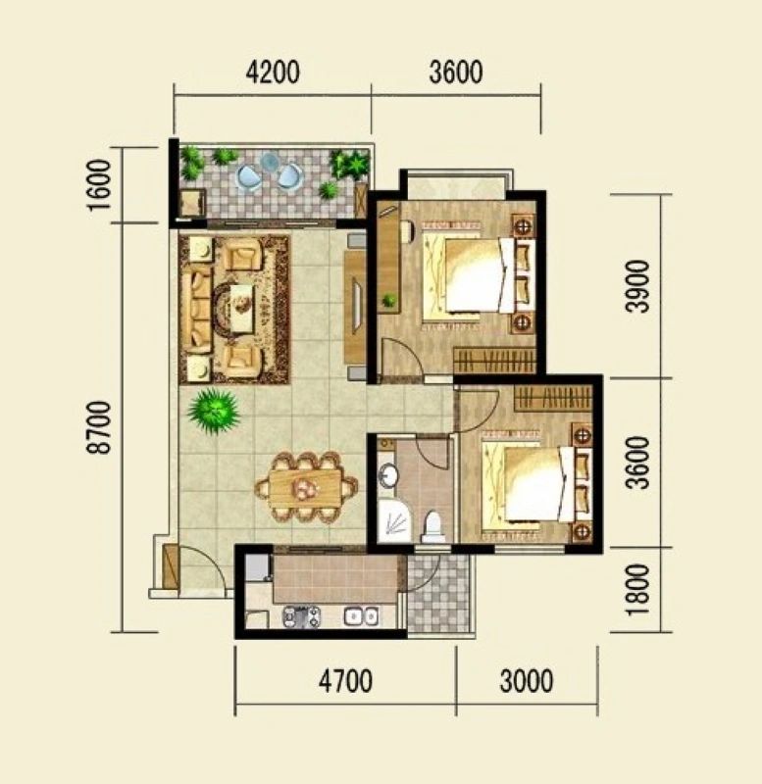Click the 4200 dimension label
pos(274,72)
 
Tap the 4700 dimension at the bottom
pos(346,681)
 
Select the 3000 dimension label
pos(527,681)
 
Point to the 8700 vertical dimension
pos(98,427)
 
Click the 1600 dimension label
pos(98,185)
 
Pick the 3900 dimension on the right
pos(637,286)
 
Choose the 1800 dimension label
pos(637,590)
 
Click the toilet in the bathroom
pos(432,527)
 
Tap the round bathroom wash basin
pos(387,474)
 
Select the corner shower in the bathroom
pos(394,521)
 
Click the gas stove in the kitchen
pos(301,616)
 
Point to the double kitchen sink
pos(361,616)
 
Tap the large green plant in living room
pos(214,411)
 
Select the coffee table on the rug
pos(242,308)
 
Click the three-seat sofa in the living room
pos(196,308)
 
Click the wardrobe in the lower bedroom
pos(553,398)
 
